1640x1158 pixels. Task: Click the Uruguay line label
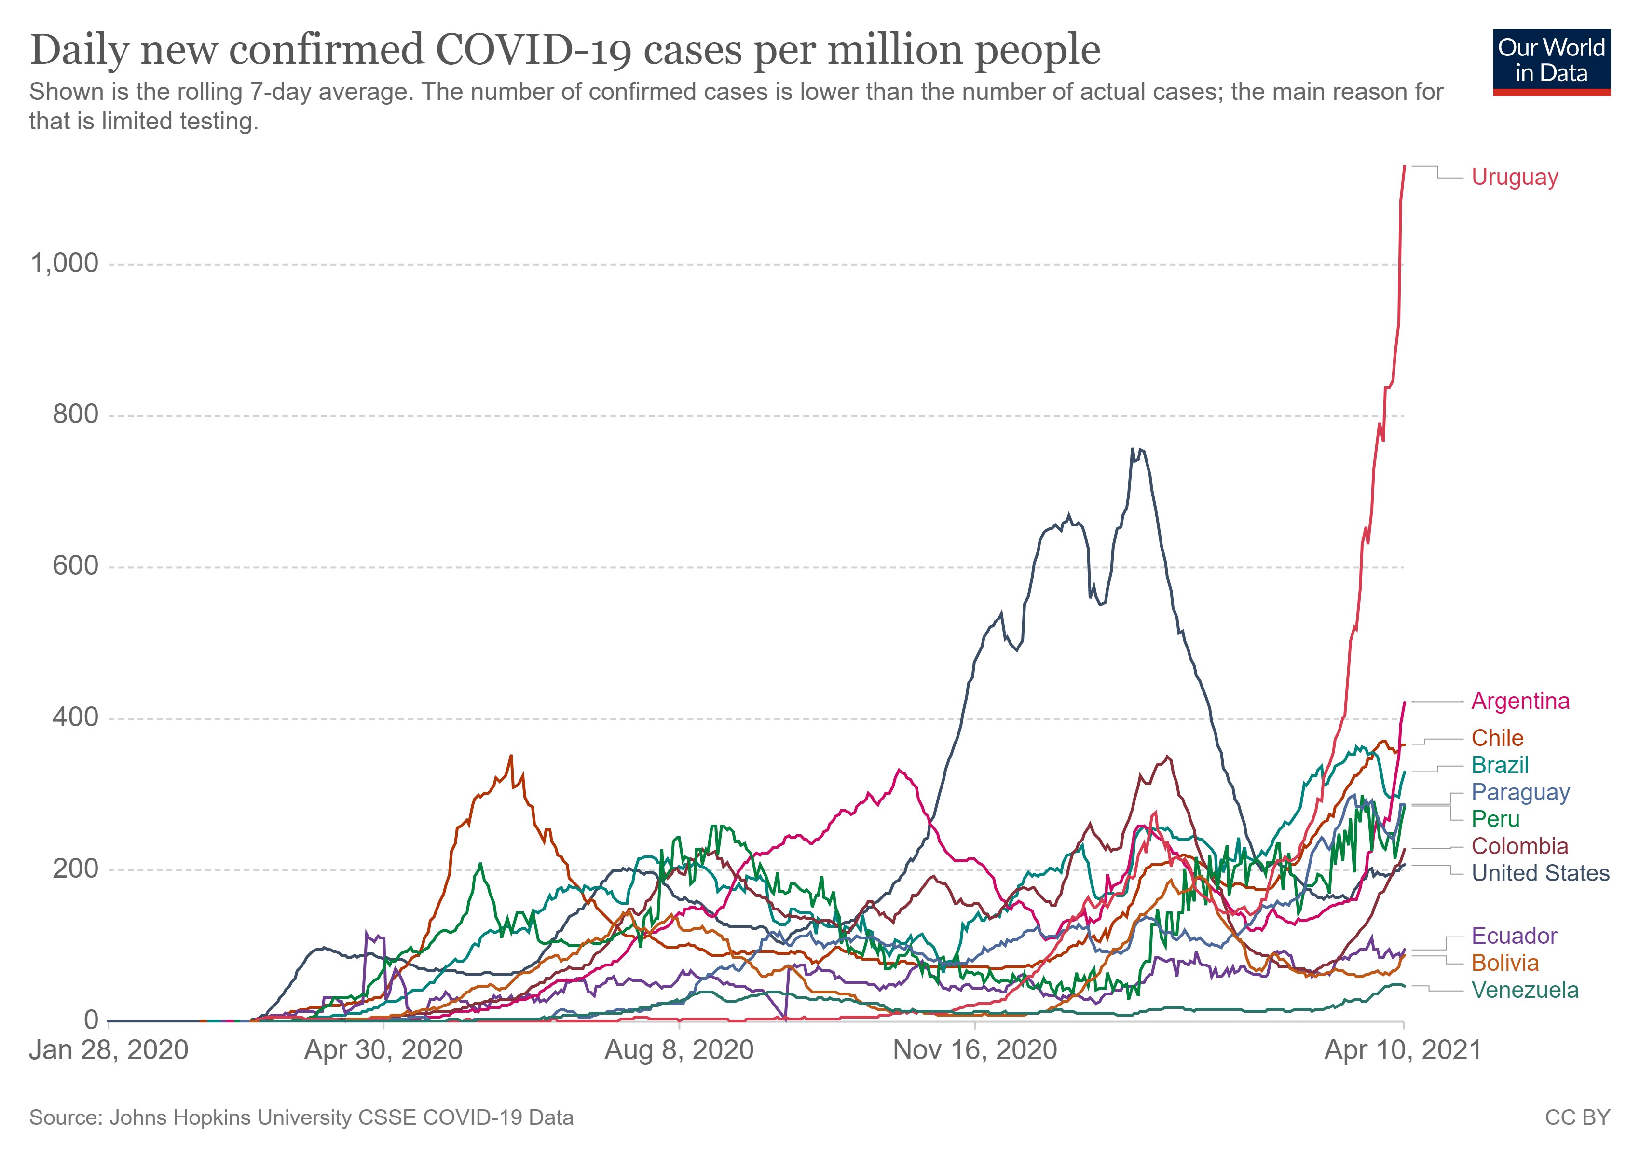click(1514, 177)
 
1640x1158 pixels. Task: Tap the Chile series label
click(1497, 738)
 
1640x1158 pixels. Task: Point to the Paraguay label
click(1520, 792)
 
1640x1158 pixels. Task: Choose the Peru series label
click(1495, 819)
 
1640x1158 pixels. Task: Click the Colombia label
click(1519, 846)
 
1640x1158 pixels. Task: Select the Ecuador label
click(1514, 936)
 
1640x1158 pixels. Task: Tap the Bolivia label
click(1504, 963)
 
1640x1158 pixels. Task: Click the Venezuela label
click(1524, 990)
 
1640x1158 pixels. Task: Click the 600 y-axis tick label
click(75, 566)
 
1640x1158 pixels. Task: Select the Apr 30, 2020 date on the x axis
click(383, 1050)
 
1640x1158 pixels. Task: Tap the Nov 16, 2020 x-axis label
click(974, 1050)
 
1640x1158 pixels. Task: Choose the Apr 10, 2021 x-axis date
click(1403, 1050)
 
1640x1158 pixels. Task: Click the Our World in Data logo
click(1551, 61)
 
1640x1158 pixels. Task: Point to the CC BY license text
click(1577, 1117)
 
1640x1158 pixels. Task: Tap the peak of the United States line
click(1132, 449)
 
